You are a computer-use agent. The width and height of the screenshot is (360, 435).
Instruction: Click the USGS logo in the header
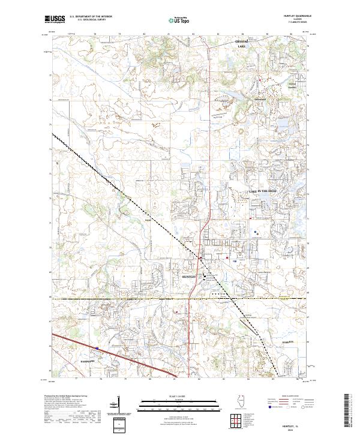coord(54,19)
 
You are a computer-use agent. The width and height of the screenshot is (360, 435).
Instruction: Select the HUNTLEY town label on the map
coord(190,277)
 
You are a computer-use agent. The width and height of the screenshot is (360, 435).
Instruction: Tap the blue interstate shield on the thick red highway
coord(95,347)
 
